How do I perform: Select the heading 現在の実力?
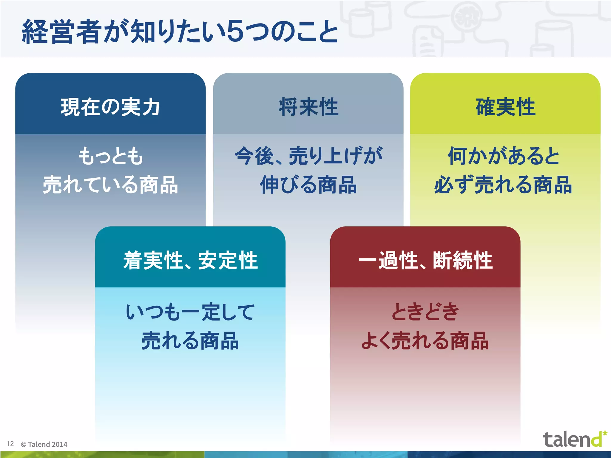[110, 107]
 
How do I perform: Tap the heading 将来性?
[308, 107]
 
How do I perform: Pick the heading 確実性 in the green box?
[505, 107]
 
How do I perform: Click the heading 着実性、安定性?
[190, 260]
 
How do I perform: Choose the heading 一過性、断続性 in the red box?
[425, 260]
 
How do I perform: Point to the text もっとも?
[110, 156]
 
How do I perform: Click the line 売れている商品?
[110, 185]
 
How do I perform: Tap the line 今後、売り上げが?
[308, 156]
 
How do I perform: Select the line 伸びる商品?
[308, 185]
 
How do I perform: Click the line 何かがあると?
[504, 156]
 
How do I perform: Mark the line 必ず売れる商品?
[504, 185]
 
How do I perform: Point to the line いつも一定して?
[190, 312]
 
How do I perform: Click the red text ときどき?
[425, 312]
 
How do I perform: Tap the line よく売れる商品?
[425, 341]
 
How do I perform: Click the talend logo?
[571, 440]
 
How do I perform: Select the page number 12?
[10, 444]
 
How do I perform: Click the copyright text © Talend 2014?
[44, 444]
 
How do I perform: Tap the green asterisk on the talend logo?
[605, 433]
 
